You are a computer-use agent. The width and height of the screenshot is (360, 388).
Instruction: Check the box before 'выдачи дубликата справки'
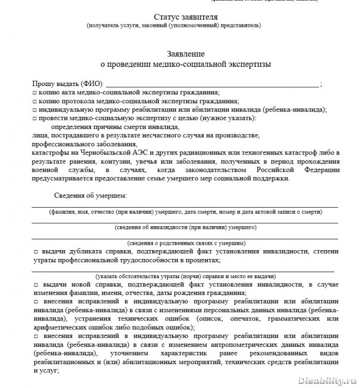click(35, 252)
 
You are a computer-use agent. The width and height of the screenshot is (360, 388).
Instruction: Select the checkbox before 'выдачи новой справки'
click(35, 287)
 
